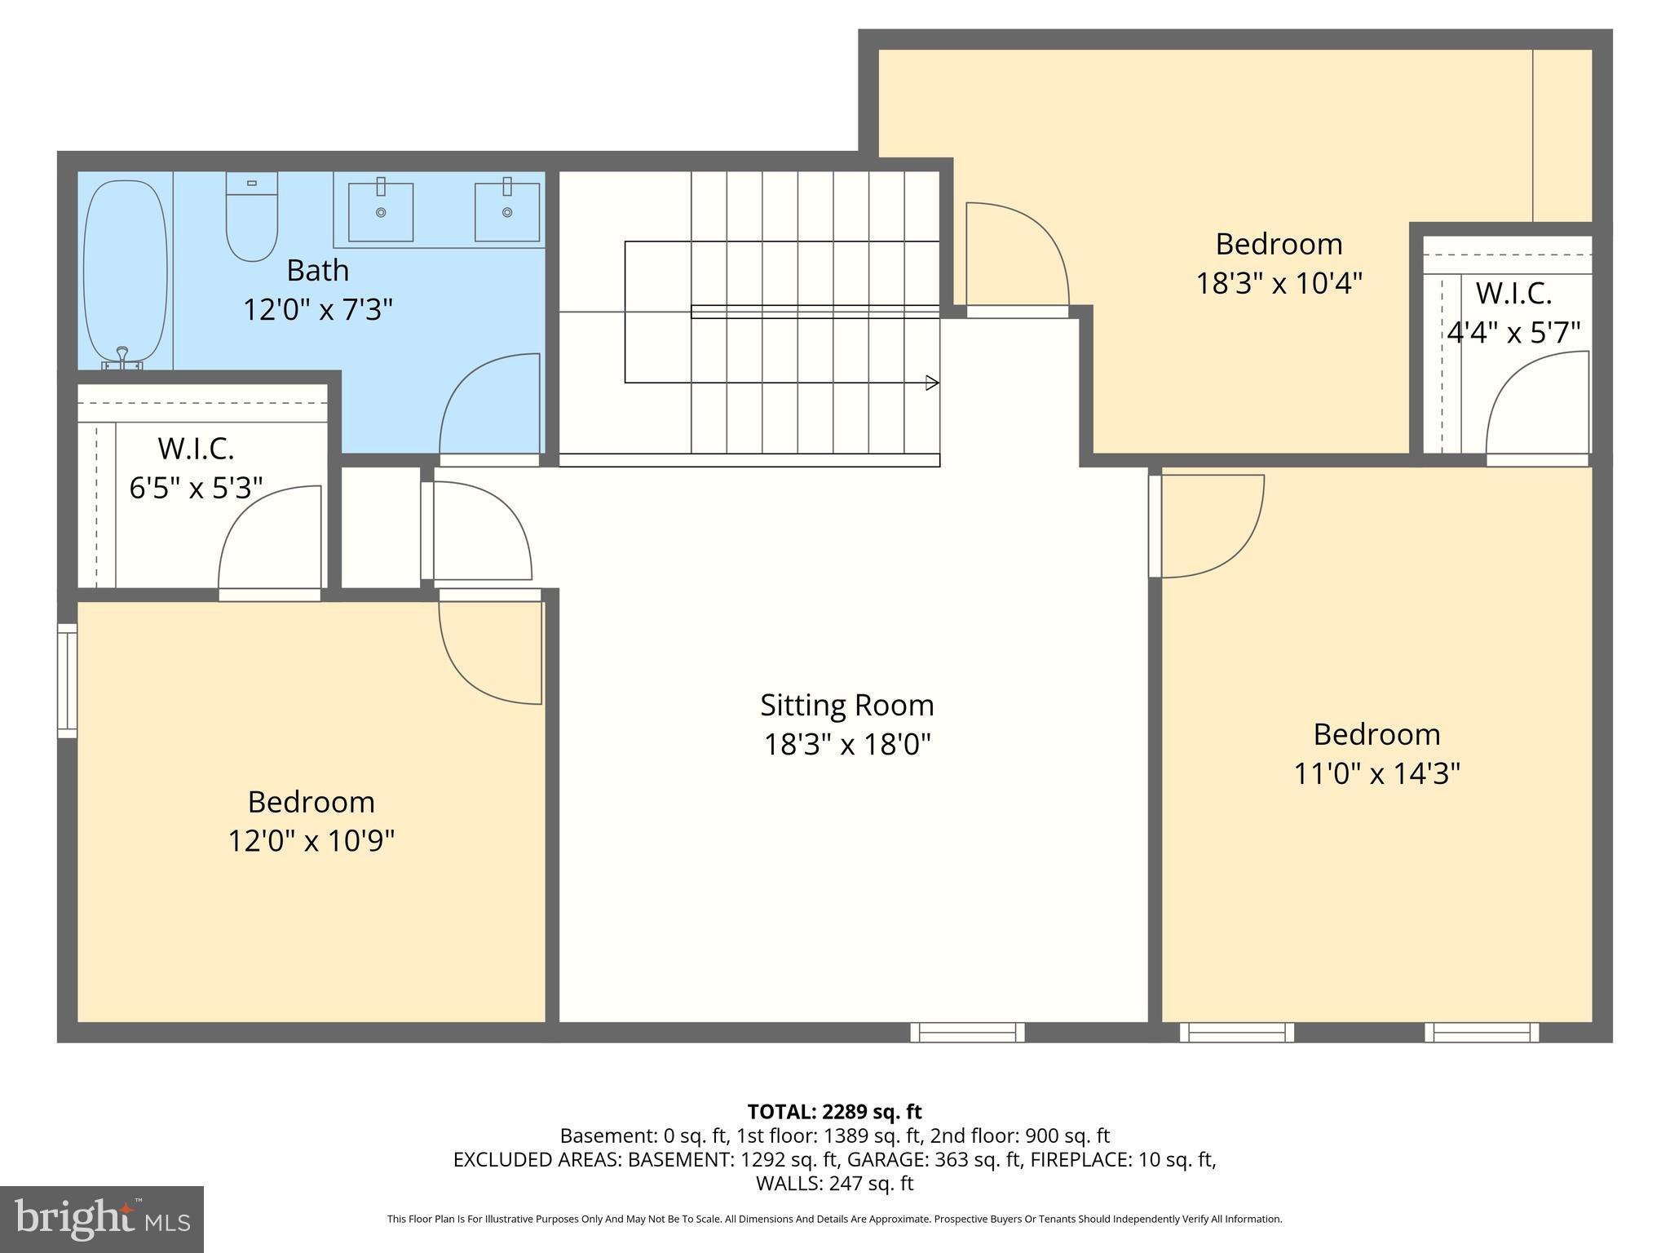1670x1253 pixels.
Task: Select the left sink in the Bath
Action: (x=381, y=212)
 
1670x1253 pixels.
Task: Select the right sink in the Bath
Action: (x=507, y=212)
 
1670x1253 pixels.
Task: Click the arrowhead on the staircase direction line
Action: (x=932, y=383)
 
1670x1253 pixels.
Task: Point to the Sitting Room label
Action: (x=846, y=705)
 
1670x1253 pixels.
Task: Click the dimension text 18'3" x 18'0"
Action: (x=846, y=745)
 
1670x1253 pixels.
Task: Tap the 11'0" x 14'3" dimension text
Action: (x=1376, y=773)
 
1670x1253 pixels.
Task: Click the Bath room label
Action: (x=317, y=270)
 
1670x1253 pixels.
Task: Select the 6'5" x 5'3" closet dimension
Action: (x=196, y=488)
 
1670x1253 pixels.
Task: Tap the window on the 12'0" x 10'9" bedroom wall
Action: (x=67, y=681)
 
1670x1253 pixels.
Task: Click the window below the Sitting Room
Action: (x=967, y=1033)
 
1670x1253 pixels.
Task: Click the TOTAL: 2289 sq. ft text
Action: (x=834, y=1112)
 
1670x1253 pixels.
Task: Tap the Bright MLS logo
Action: (x=102, y=1220)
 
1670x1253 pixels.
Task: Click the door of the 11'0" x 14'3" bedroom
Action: (x=1207, y=526)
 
